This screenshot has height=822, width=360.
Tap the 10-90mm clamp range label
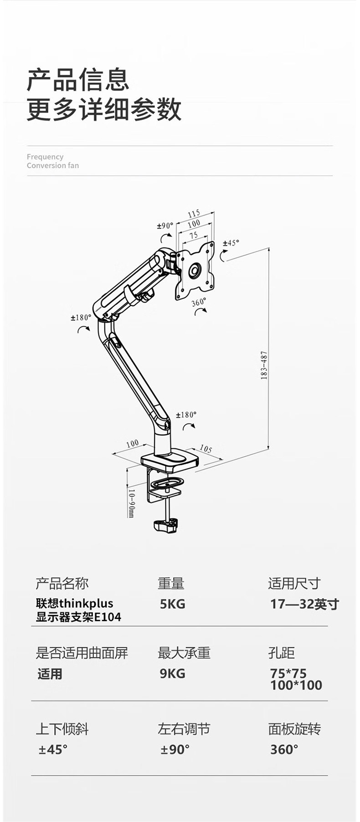coord(131,503)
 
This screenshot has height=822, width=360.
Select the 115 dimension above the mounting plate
coord(194,213)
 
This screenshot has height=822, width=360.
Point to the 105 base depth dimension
coord(206,449)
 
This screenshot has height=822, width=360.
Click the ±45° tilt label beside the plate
coord(231,243)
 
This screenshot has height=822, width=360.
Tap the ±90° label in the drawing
coord(165,226)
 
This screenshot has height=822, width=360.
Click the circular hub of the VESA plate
coord(195,270)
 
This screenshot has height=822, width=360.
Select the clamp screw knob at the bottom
coord(166,524)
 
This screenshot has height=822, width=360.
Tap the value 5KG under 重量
coord(172,604)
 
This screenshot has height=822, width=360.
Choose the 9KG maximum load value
coord(172,673)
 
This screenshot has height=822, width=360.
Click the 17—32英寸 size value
coord(304,604)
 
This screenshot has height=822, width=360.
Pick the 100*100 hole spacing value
coord(296,685)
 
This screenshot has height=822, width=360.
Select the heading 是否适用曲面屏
coord(82,653)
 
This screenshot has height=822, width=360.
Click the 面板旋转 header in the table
coord(294,729)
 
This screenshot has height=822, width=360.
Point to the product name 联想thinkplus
coord(75,603)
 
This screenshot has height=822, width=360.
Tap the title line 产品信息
coord(78,80)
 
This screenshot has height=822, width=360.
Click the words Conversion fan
coord(53,165)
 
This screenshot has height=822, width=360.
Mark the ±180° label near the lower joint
coord(186,415)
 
